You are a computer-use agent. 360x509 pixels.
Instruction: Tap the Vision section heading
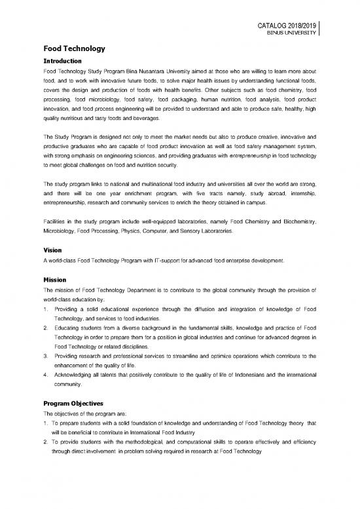52,250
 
